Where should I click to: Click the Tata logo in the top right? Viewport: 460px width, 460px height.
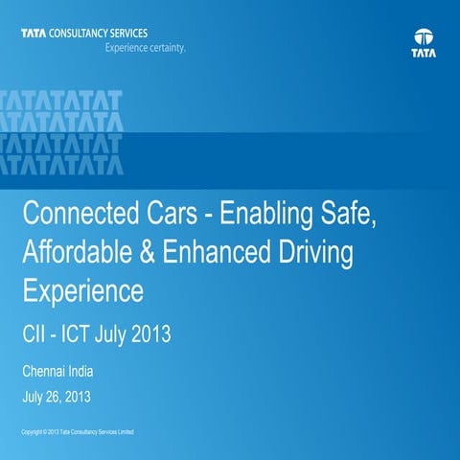(x=423, y=43)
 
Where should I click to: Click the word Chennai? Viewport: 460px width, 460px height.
(x=49, y=370)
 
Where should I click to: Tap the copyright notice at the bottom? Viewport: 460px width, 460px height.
(x=82, y=433)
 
